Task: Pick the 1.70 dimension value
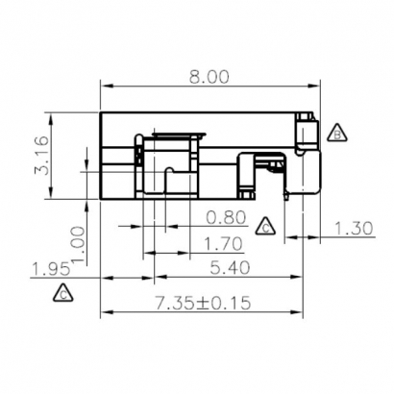[x=225, y=243]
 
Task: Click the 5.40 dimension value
[x=225, y=268]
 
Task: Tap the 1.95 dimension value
[x=49, y=268]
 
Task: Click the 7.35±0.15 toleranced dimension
[x=203, y=303]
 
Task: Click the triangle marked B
[x=336, y=134]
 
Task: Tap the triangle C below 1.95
[x=62, y=294]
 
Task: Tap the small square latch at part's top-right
[x=305, y=119]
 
